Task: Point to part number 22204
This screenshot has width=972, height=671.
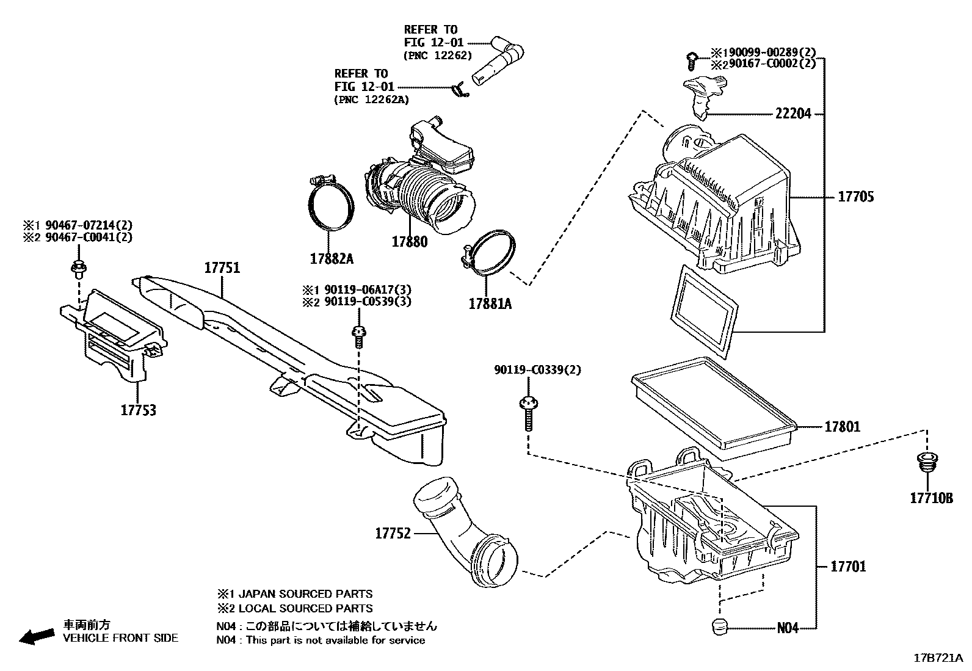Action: (793, 114)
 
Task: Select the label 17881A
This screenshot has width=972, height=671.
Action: (490, 303)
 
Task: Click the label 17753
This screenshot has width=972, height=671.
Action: (138, 411)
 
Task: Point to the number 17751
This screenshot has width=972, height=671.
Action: (222, 268)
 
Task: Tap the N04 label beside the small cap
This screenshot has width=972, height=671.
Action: (788, 628)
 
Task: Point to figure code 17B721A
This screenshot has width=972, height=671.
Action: (938, 658)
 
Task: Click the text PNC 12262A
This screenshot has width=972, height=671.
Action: (372, 100)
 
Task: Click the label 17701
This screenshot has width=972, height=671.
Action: (847, 567)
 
